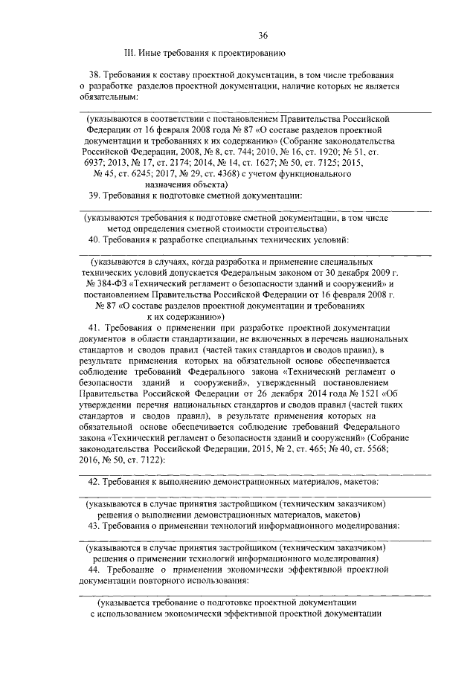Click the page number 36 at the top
(263, 35)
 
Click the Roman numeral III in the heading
(129, 53)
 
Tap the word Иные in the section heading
(151, 53)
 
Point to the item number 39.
(94, 195)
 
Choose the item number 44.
(94, 569)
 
